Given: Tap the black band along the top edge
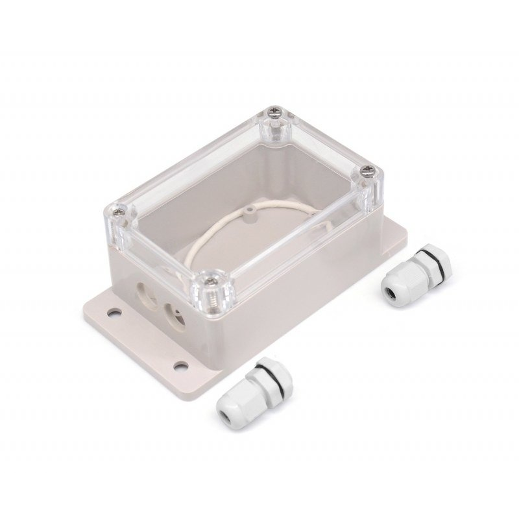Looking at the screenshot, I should [259, 23].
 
